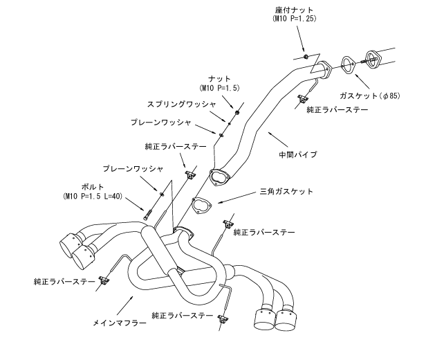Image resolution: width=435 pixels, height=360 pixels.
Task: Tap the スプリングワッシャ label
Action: pos(181,105)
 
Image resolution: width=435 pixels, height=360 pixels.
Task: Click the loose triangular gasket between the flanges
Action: pos(201,206)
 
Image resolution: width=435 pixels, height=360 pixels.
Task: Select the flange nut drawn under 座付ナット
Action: pos(305,55)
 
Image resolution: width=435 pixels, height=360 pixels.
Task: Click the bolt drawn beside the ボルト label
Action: pos(147,214)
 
